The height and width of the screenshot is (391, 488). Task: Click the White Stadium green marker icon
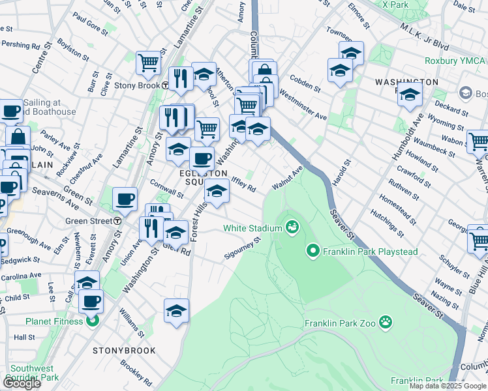point(292,227)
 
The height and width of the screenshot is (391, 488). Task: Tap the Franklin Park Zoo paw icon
point(386,321)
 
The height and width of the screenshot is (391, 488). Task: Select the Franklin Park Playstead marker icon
point(313,250)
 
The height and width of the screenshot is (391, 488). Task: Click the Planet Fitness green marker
point(93,321)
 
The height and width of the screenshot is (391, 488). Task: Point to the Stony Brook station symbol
point(166,85)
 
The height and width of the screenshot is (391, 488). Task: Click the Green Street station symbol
point(116,221)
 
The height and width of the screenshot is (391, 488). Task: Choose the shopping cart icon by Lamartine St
point(148,63)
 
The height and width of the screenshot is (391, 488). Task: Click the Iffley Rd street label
point(243,184)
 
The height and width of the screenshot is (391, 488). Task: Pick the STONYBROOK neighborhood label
point(124,351)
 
